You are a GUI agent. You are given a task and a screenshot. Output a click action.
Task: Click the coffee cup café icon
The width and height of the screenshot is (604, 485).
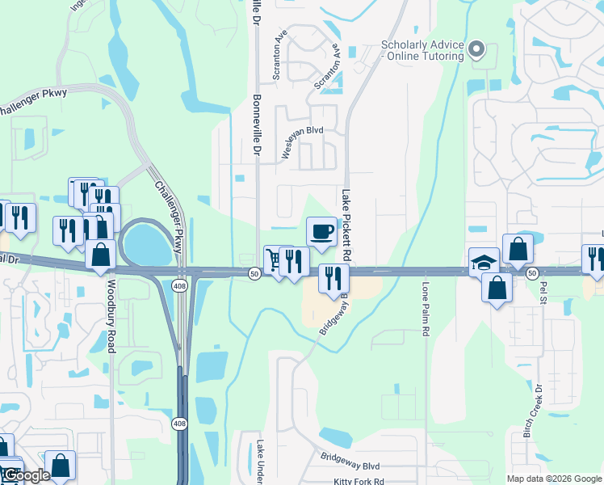point(321,232)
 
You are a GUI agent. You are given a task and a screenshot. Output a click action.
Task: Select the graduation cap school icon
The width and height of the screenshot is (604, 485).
point(484,262)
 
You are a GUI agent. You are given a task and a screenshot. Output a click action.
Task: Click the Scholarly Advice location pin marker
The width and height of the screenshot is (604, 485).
point(476,49)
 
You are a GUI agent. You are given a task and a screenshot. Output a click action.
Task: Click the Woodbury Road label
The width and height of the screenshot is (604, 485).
point(111,316)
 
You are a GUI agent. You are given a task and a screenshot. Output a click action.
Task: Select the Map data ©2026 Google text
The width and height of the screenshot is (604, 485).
point(554,479)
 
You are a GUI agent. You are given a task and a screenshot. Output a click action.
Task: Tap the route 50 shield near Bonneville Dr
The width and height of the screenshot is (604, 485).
point(254,275)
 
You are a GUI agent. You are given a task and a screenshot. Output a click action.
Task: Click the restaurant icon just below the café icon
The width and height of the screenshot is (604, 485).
point(333,278)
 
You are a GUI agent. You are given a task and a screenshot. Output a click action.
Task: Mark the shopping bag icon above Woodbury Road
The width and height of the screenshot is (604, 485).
point(100,254)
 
